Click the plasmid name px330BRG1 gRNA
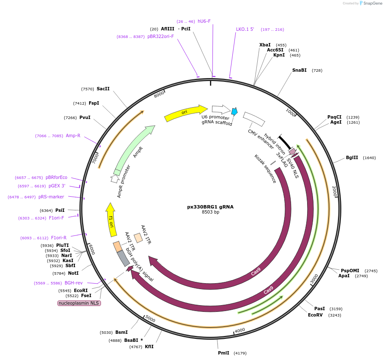click(210, 207)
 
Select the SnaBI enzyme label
click(299, 70)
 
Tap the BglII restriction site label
click(351, 157)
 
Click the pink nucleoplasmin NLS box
click(79, 303)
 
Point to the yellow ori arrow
click(185, 113)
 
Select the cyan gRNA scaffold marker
click(234, 111)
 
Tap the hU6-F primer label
click(204, 21)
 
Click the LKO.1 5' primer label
click(245, 30)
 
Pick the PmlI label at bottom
click(223, 353)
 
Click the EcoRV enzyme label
click(315, 315)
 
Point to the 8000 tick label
click(159, 94)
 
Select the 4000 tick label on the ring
click(240, 330)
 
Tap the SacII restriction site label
click(103, 89)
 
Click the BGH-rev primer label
click(74, 283)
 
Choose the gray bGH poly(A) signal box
click(123, 258)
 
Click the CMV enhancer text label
click(261, 139)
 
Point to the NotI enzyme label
click(73, 273)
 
